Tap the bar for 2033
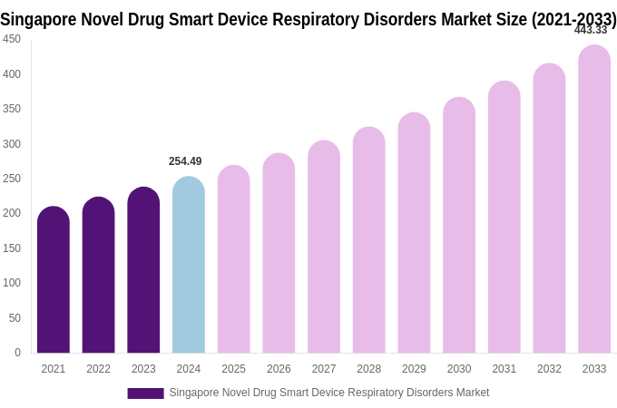[594, 199]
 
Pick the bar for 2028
[369, 240]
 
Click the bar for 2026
[279, 253]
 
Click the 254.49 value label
[185, 161]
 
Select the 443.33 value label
[591, 30]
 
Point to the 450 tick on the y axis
[12, 39]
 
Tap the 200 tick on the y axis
[12, 213]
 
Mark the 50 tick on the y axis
[15, 318]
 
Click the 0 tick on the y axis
[17, 353]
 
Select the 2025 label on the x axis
[233, 369]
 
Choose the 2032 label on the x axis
[549, 369]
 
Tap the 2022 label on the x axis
[98, 369]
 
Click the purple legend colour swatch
[145, 393]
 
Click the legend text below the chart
[328, 393]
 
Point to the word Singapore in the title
[39, 18]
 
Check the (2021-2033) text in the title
[574, 18]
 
